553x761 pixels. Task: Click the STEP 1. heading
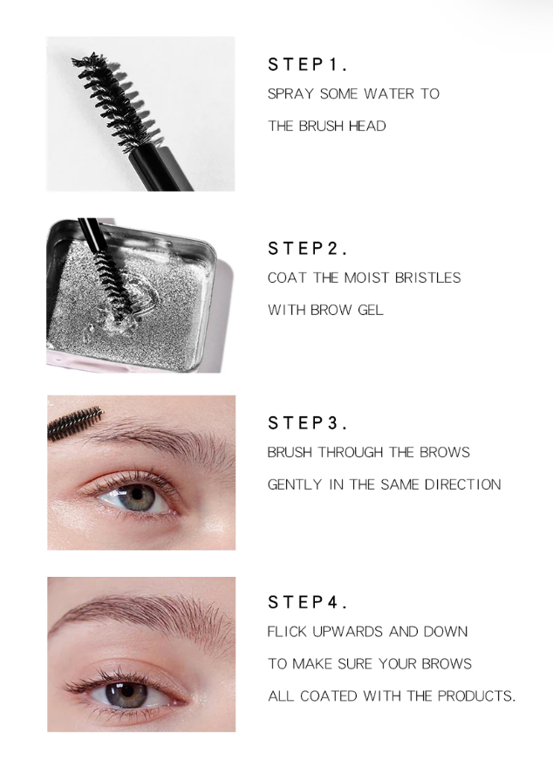308,65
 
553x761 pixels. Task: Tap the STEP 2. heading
308,249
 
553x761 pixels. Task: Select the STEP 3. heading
308,423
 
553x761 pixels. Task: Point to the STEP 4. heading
308,602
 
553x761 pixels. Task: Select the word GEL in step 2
371,310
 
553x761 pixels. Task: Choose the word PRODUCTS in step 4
476,696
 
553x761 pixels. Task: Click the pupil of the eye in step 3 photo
138,495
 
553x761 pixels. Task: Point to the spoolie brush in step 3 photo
74,422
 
